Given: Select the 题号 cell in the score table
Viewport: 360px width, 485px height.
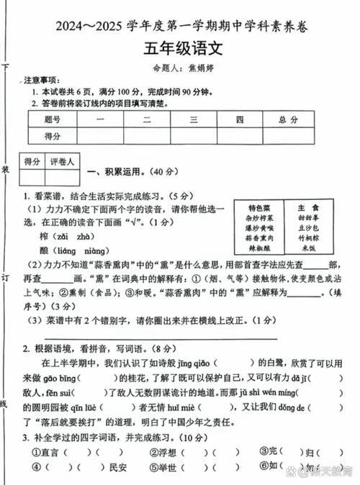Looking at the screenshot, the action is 52,119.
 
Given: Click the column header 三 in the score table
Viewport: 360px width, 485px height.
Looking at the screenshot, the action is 194,119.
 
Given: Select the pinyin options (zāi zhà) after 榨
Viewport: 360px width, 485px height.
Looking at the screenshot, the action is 73,235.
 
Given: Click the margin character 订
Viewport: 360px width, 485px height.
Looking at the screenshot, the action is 6,277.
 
